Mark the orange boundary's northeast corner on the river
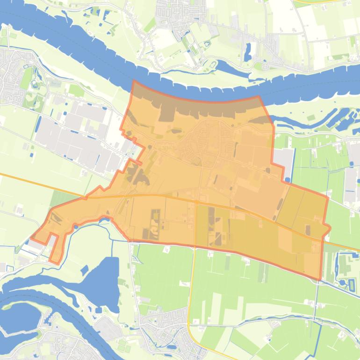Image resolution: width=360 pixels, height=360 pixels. [259, 97]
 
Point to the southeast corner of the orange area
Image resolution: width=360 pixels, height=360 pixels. [320, 280]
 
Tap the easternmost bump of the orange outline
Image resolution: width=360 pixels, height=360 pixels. [330, 228]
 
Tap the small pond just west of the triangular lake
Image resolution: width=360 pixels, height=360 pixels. [85, 270]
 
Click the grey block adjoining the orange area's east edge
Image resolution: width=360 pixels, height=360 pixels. [284, 161]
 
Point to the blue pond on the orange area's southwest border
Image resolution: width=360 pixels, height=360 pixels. [107, 218]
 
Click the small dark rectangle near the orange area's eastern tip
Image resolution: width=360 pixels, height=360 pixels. [308, 230]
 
